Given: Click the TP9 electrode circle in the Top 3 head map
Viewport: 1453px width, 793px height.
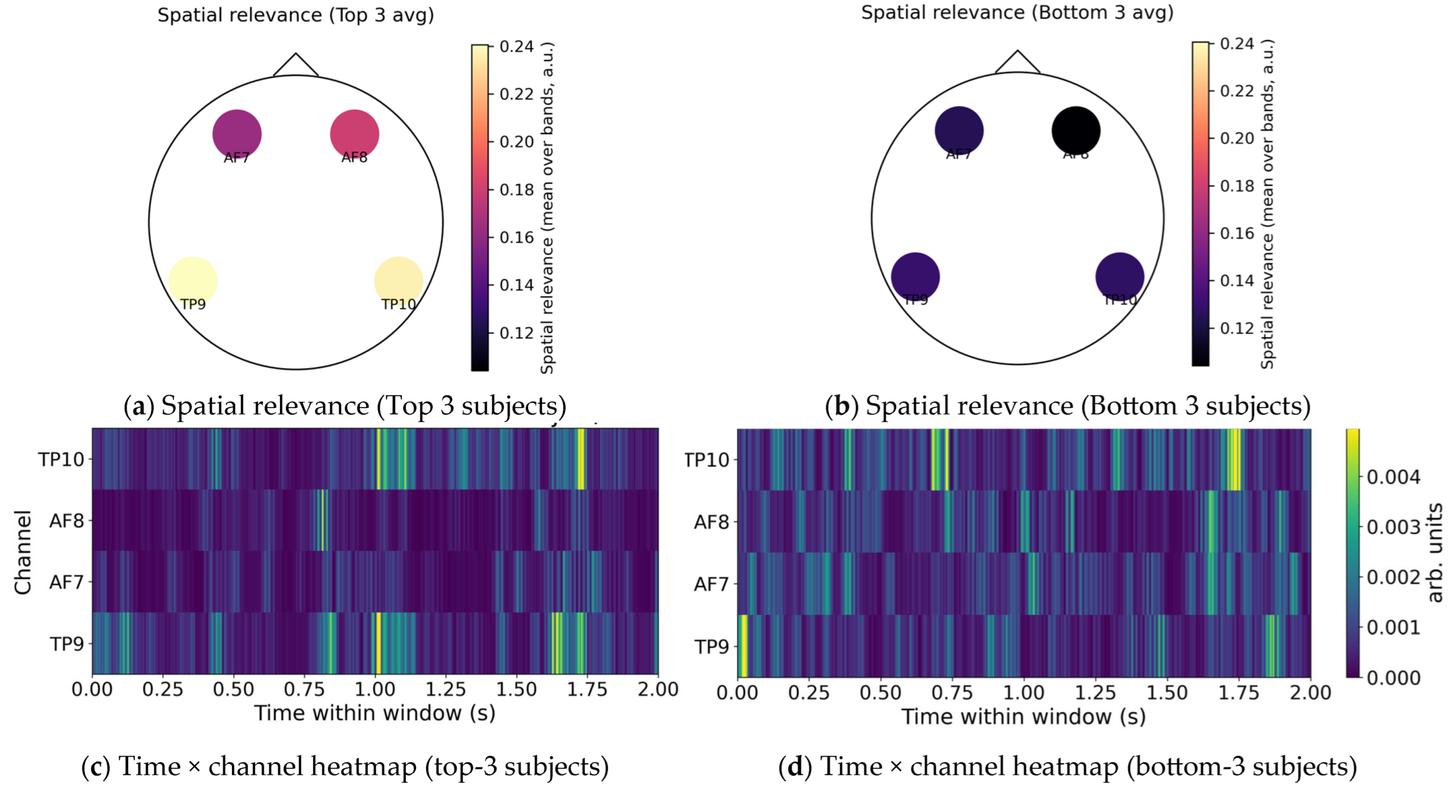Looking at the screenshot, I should (x=193, y=281).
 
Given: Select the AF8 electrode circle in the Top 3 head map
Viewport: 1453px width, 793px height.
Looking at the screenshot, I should (x=354, y=134).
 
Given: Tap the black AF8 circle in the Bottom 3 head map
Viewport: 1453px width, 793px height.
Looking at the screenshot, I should (x=1076, y=131).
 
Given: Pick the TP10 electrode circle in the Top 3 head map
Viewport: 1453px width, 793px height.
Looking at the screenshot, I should (x=398, y=281).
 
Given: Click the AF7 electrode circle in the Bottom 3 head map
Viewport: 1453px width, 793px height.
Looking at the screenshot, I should (x=959, y=131).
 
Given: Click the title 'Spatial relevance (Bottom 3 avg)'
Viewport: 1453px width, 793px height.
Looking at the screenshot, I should (x=1017, y=12).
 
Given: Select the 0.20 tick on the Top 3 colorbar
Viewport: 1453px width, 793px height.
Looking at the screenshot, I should (x=516, y=142).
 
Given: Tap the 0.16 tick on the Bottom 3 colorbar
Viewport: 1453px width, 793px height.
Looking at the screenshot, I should (x=1237, y=233).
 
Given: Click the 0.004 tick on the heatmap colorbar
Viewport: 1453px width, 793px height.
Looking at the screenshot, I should (x=1392, y=477).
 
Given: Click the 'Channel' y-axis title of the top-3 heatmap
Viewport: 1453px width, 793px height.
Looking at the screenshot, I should (x=23, y=552).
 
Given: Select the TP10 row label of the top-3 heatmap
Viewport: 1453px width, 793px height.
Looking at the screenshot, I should (x=61, y=459).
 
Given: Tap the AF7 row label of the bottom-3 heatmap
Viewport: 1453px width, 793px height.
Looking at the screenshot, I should (x=711, y=584).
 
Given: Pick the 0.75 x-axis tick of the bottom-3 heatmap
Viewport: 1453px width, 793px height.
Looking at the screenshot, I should (x=952, y=693).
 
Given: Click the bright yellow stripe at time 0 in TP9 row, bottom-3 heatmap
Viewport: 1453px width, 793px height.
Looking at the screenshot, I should (x=743, y=646).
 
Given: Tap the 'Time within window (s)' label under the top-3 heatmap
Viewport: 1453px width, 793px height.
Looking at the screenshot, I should (x=375, y=713).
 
